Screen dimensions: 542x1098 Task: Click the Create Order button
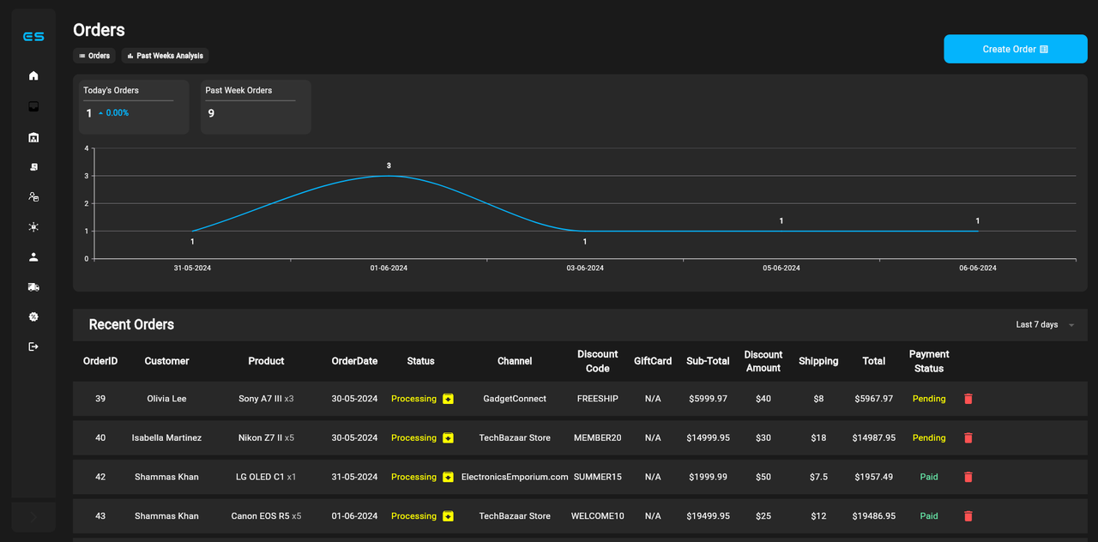[x=1015, y=49]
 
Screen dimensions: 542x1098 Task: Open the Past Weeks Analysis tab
[x=165, y=56]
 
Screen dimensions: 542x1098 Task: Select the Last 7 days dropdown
[x=1044, y=325]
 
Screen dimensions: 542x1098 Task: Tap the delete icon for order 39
[x=968, y=399]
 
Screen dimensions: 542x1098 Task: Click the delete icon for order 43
[x=968, y=516]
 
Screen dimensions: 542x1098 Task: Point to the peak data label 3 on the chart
[x=389, y=166]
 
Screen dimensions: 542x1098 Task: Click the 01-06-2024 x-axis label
[x=389, y=268]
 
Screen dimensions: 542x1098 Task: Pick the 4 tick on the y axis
[x=87, y=148]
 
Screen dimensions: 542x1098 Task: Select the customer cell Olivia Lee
[x=166, y=399]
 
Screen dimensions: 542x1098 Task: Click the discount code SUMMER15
[x=598, y=477]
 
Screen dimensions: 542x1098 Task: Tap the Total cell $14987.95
[x=874, y=438]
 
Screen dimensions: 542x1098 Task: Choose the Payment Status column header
[x=929, y=361]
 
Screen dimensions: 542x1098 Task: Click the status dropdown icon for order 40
[x=448, y=438]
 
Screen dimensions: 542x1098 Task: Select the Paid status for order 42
[x=929, y=477]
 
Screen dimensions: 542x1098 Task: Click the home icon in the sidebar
[x=33, y=75]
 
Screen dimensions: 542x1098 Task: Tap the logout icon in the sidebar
[x=33, y=346]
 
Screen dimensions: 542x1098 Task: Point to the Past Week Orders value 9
[x=211, y=113]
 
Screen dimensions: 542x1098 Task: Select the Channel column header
[x=515, y=361]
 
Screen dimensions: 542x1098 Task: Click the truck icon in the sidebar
[x=33, y=287]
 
